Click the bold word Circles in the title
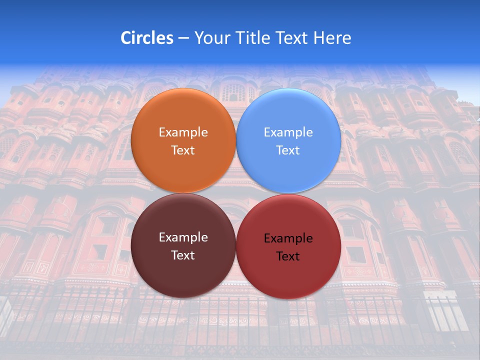pos(147,38)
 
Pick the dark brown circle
pos(183,272)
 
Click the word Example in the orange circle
pos(183,132)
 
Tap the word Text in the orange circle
pos(183,150)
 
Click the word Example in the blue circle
pos(288,132)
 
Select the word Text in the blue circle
pos(288,150)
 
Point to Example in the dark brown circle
pos(183,237)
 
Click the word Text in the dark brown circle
pos(183,255)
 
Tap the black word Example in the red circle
pos(288,238)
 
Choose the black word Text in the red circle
pos(288,256)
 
